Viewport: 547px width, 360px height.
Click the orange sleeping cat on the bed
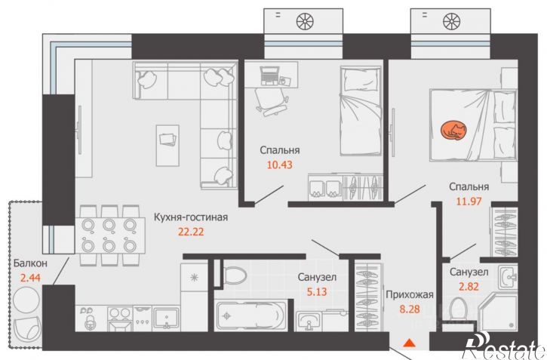pos(453,131)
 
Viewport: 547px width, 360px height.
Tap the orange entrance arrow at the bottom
pos(409,343)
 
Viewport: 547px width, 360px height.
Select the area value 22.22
pos(191,232)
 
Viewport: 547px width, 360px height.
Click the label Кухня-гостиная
pos(191,217)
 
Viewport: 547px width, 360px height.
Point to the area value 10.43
pos(279,165)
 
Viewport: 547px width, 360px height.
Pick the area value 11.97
pos(469,202)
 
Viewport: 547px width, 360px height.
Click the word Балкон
pos(30,263)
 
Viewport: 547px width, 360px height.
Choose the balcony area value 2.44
pos(30,278)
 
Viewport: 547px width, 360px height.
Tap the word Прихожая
pos(410,295)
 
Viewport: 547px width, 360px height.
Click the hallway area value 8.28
pos(410,309)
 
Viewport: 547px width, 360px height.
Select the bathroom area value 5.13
pos(317,291)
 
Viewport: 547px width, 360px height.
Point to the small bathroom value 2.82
pos(469,286)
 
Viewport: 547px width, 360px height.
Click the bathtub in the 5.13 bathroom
pos(251,315)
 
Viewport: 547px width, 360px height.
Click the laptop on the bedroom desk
pos(269,75)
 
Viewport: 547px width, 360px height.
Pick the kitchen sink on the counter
pos(167,318)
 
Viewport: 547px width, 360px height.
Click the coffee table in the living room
pos(167,146)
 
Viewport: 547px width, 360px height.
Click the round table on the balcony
pos(26,300)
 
